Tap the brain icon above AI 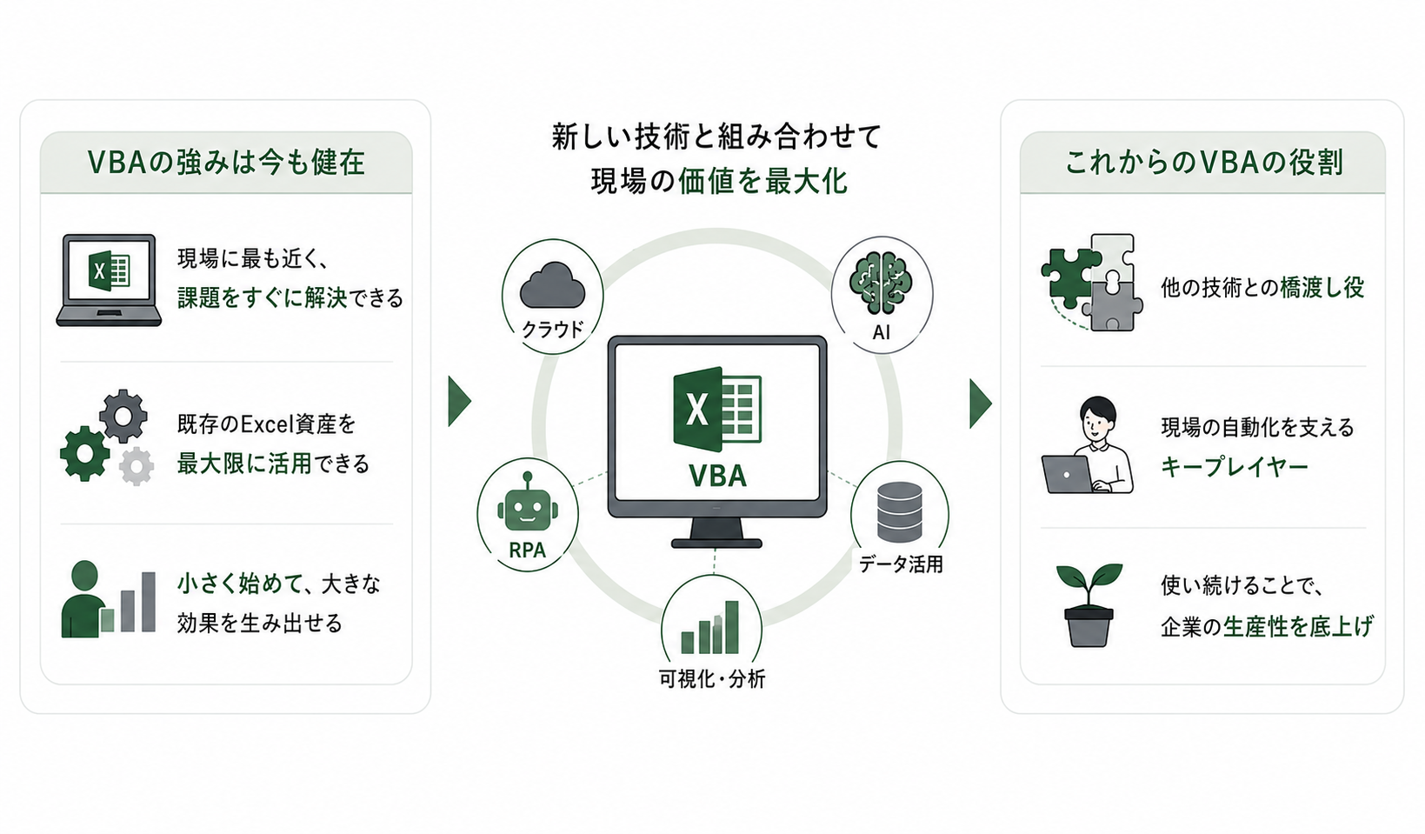pyautogui.click(x=881, y=283)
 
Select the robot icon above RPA pyautogui.click(x=528, y=503)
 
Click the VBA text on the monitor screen pyautogui.click(x=717, y=476)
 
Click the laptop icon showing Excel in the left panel pyautogui.click(x=109, y=280)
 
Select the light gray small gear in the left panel pyautogui.click(x=137, y=466)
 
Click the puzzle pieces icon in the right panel pyautogui.click(x=1092, y=283)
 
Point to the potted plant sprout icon pyautogui.click(x=1089, y=605)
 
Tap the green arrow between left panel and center pyautogui.click(x=459, y=402)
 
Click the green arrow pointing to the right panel pyautogui.click(x=981, y=404)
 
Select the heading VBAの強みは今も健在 pyautogui.click(x=226, y=163)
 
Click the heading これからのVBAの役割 pyautogui.click(x=1203, y=163)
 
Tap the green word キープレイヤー pyautogui.click(x=1234, y=467)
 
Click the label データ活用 pyautogui.click(x=901, y=564)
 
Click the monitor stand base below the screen pyautogui.click(x=716, y=544)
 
